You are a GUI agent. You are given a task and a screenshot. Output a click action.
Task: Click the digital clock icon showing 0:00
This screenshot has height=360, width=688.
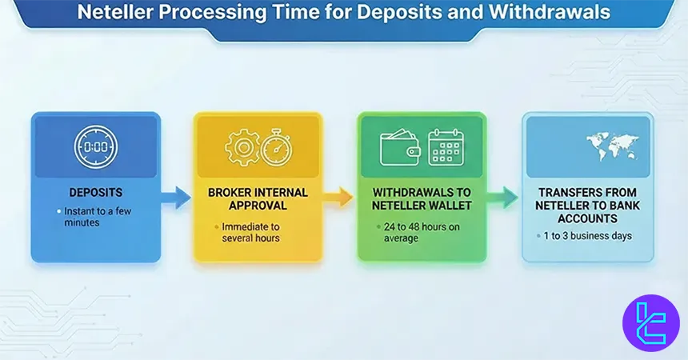pos(96,149)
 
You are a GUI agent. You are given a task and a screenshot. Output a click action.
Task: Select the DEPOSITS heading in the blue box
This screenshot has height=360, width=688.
pos(96,194)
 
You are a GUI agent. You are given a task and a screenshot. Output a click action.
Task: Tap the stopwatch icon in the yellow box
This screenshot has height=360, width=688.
pos(277,147)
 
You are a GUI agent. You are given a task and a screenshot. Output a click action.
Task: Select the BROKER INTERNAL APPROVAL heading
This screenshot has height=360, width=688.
pos(258,200)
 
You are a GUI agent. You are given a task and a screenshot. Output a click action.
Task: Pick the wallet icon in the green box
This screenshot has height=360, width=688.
pos(401,147)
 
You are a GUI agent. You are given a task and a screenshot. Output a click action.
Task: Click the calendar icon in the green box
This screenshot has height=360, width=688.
pos(446,147)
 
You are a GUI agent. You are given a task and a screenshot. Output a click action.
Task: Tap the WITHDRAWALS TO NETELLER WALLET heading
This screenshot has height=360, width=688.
pos(421,200)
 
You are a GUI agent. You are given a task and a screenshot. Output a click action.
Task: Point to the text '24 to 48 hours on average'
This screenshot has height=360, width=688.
pos(419,232)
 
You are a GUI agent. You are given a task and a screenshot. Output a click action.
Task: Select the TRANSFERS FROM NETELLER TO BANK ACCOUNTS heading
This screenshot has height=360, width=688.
pos(588,205)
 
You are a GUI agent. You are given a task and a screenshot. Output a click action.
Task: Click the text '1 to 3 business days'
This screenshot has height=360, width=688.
pos(587,236)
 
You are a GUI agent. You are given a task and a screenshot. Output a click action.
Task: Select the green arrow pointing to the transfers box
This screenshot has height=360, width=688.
pos(504,196)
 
